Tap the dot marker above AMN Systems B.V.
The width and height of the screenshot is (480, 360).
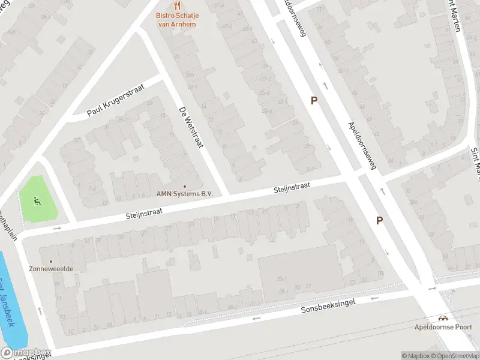(x=184, y=186)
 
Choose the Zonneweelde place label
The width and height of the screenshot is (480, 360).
(x=51, y=269)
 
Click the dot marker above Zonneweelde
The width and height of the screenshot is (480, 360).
(x=50, y=261)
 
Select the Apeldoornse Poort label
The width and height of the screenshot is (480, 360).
(x=443, y=327)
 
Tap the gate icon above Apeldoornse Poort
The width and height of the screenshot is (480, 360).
(x=443, y=318)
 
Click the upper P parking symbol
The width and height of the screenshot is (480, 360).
(x=313, y=101)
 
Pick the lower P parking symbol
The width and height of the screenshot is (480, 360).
(x=379, y=221)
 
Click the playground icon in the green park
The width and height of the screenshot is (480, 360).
(x=38, y=200)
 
